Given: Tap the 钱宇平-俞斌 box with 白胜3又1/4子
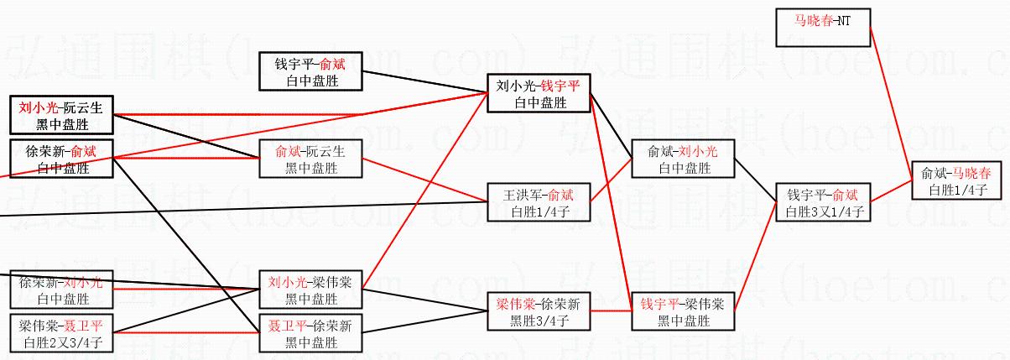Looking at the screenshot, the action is coord(821,203).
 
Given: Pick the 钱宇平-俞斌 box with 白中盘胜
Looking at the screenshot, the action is coord(310,72).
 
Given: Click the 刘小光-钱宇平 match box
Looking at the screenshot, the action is coord(539,93).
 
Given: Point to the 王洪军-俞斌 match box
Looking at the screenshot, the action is coord(539,202).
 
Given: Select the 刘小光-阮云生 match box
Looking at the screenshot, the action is coord(62,116).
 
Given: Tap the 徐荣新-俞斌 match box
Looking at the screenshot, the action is coord(62,159).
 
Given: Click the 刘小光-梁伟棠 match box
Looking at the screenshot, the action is coord(310,290).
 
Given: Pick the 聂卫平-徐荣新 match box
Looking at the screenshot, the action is coord(310,333).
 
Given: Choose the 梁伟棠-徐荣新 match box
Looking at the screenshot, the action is coord(539,311).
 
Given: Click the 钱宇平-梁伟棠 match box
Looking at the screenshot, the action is coord(684,311).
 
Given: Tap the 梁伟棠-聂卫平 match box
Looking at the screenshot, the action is coord(62,333).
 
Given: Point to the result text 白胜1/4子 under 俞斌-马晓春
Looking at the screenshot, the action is coord(955,190).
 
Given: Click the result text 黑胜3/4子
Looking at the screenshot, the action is coord(539,320).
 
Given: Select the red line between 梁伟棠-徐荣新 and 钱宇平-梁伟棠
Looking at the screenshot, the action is coord(610,311).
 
